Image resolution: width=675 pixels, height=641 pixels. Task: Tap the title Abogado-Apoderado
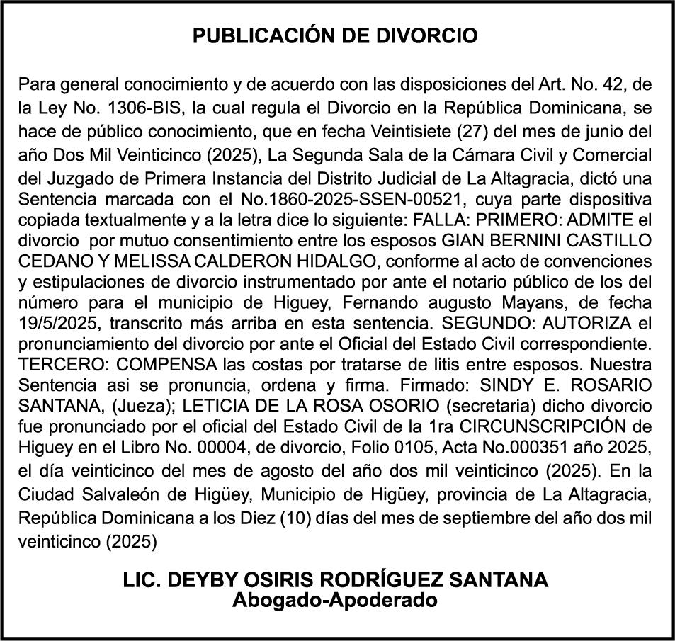pyautogui.click(x=336, y=601)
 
